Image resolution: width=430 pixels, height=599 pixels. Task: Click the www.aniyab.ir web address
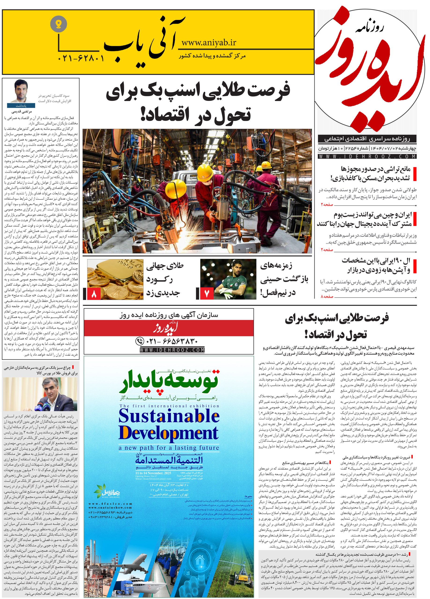click(209, 42)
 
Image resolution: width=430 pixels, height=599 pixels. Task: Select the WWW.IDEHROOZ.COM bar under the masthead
click(367, 156)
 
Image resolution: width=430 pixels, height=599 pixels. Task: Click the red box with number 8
click(94, 294)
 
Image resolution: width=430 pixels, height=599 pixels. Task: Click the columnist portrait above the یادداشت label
click(21, 91)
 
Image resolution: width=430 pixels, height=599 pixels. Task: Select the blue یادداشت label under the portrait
click(21, 105)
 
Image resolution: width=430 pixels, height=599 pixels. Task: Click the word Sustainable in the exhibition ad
click(169, 417)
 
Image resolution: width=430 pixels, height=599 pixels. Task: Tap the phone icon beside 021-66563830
click(139, 341)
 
